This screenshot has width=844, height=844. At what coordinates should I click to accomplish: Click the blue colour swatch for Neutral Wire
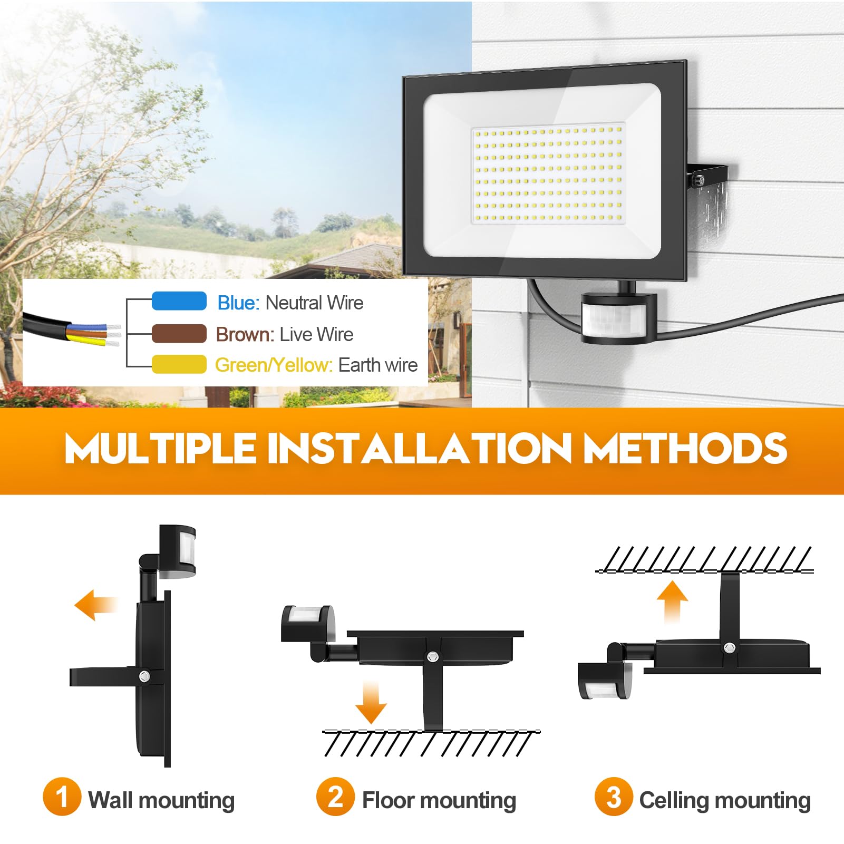point(179,301)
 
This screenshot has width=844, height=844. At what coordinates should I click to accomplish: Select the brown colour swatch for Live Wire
point(179,334)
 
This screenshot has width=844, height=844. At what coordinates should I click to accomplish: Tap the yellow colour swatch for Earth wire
point(179,364)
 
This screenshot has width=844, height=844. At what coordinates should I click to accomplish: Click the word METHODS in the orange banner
point(685,448)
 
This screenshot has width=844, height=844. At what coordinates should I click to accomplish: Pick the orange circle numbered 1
point(62,797)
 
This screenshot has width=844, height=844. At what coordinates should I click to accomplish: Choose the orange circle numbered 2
point(335,797)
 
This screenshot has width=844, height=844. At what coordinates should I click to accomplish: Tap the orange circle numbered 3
point(613,797)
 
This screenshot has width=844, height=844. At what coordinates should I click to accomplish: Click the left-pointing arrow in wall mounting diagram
point(96,605)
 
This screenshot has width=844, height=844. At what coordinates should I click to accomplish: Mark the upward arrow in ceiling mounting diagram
point(672,602)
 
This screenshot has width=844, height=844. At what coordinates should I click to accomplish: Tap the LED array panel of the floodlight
point(548,174)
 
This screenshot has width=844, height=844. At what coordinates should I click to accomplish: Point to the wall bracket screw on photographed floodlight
point(701,180)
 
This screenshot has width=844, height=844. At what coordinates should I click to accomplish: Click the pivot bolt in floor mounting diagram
point(433,656)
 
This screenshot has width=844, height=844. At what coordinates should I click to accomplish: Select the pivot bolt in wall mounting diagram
point(144,675)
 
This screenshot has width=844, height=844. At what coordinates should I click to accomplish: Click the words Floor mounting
point(439,800)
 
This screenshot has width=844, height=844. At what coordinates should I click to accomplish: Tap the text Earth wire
point(378,365)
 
